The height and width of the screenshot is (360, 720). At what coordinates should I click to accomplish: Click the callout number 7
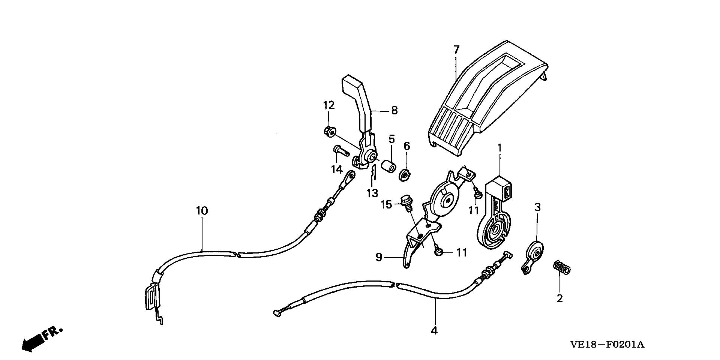(456, 49)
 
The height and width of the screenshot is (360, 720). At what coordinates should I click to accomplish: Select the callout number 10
(201, 211)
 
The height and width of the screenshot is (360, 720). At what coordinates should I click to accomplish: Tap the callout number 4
(434, 330)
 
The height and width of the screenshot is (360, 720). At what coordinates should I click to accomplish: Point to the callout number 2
(559, 298)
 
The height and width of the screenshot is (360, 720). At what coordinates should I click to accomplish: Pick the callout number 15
(387, 205)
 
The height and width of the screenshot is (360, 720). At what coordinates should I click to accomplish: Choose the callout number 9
(379, 257)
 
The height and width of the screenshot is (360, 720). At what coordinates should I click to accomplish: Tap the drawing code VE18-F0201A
(607, 344)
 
